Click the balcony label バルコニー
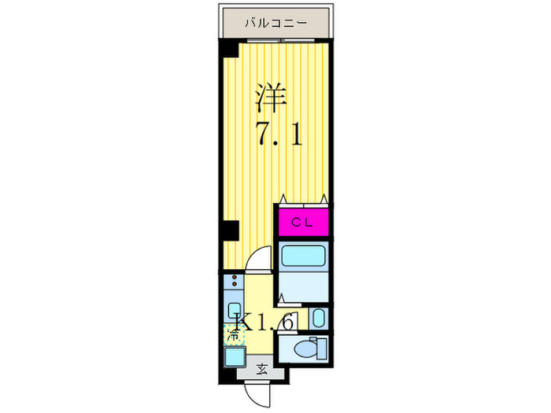[x=275, y=23]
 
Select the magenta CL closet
[x=302, y=222]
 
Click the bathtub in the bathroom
[x=302, y=257]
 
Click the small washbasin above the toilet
[x=317, y=319]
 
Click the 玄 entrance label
[x=263, y=368]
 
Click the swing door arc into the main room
[x=258, y=260]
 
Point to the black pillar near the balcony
[x=228, y=49]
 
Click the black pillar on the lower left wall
[x=229, y=230]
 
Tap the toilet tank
[x=318, y=347]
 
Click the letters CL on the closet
[x=302, y=222]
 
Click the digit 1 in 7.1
[x=296, y=135]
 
